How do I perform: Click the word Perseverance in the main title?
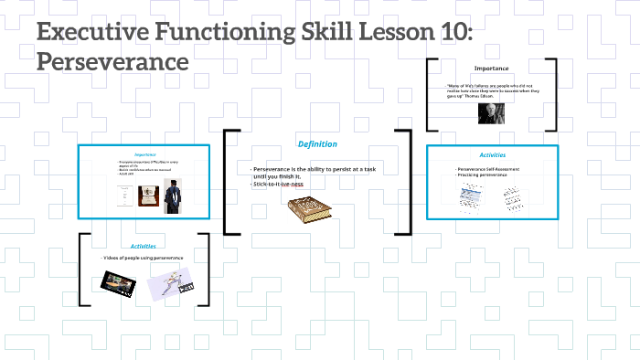[x=112, y=62]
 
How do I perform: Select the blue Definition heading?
[x=317, y=143]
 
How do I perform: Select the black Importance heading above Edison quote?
[x=492, y=69]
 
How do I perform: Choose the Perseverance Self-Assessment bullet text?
[x=492, y=169]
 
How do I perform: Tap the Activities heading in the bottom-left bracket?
[x=144, y=246]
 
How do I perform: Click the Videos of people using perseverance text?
[x=144, y=259]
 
